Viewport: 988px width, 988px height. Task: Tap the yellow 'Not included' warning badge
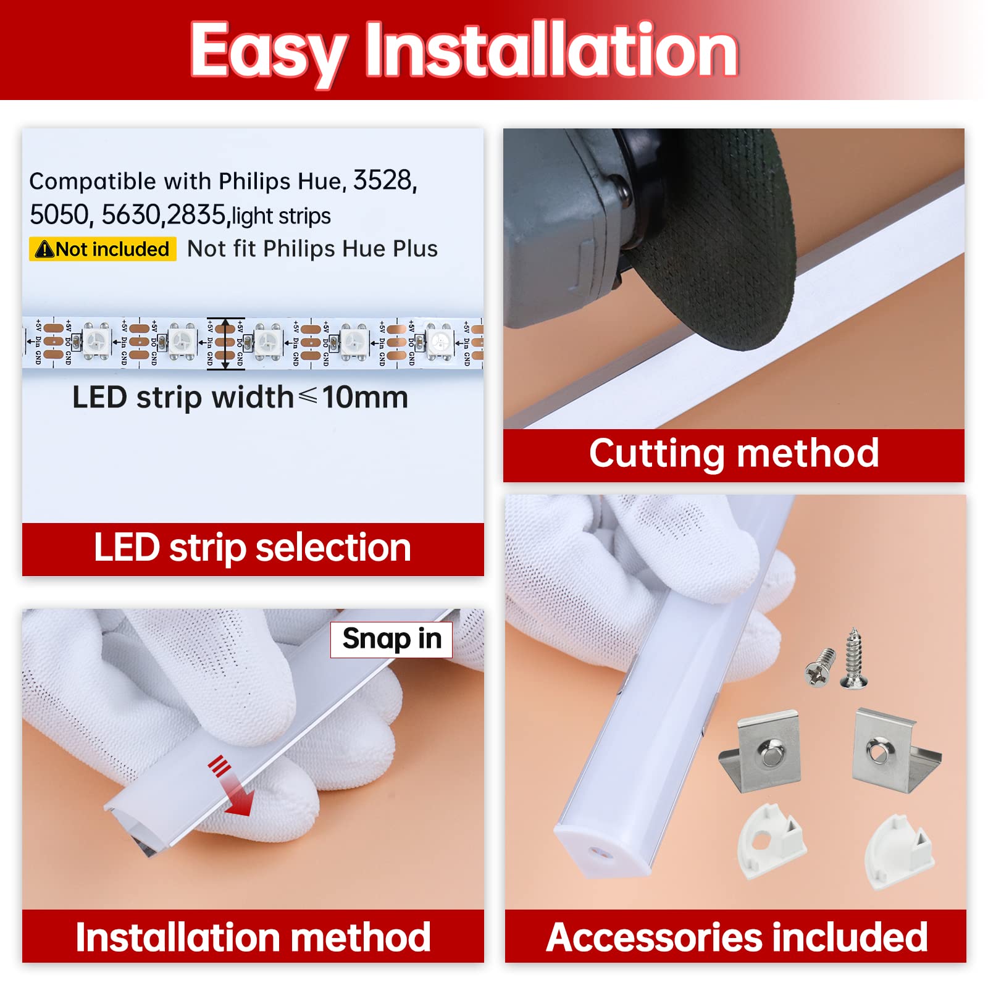pos(103,249)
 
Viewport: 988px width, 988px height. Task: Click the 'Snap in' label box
pos(391,639)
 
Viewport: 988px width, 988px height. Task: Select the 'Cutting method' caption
pos(734,454)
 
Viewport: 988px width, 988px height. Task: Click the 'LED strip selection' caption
pos(253,548)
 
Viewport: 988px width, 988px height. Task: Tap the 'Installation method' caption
pos(253,937)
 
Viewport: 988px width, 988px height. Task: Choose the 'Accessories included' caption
pos(736,937)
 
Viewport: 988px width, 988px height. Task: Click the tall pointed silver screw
pos(853,658)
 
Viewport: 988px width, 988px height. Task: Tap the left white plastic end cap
pos(770,840)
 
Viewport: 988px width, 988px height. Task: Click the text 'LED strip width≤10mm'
pos(240,397)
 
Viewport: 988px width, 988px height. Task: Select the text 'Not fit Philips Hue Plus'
pos(312,249)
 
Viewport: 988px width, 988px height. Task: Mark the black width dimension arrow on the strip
pos(225,343)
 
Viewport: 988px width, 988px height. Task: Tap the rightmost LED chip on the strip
pos(439,340)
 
